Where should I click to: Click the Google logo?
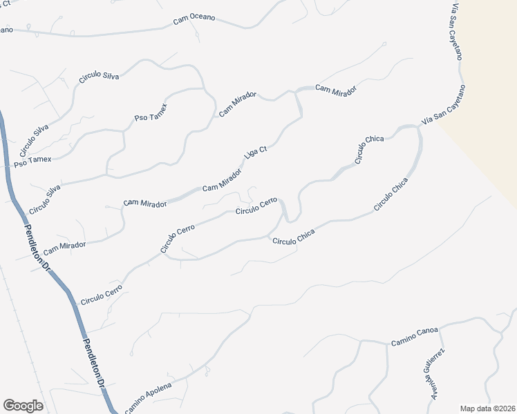click(x=23, y=406)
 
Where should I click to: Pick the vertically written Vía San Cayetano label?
click(x=455, y=31)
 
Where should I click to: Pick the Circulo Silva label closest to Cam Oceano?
click(x=99, y=72)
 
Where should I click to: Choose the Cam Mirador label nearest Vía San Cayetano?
click(x=336, y=90)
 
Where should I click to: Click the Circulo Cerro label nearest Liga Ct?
click(x=256, y=206)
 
